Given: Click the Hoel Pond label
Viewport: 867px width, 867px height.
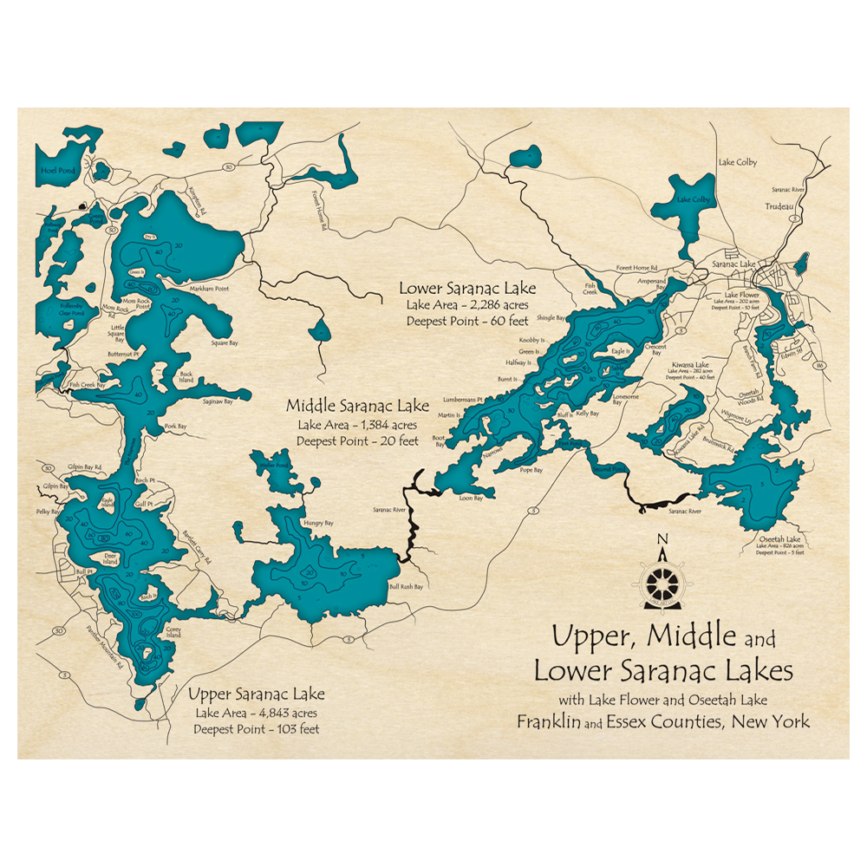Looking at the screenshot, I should pyautogui.click(x=58, y=171).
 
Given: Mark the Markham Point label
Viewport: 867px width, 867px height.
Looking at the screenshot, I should pyautogui.click(x=209, y=288).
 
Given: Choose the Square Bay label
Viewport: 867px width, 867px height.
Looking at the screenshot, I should pyautogui.click(x=225, y=343).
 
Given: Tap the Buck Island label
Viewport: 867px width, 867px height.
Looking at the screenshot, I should pyautogui.click(x=186, y=377).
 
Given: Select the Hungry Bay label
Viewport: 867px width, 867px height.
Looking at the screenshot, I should pyautogui.click(x=318, y=524).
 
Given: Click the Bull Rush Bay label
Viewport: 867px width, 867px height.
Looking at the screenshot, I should pyautogui.click(x=407, y=587).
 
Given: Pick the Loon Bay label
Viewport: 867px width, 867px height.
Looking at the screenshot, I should pyautogui.click(x=471, y=498).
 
